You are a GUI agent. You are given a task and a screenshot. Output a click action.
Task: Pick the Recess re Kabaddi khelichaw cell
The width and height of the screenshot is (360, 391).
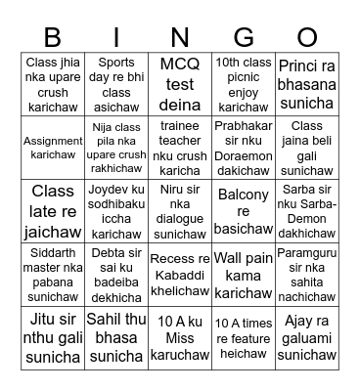(x=179, y=275)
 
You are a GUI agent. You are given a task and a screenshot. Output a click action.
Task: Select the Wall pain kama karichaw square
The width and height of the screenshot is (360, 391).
(x=244, y=275)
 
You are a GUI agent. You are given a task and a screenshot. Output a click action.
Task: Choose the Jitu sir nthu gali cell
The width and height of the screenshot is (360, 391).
(x=51, y=338)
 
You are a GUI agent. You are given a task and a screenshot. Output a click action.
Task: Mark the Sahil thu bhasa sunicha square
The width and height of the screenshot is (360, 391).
(x=114, y=338)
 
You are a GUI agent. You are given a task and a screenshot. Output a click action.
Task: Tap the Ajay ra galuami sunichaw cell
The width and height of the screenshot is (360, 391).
(x=308, y=338)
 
